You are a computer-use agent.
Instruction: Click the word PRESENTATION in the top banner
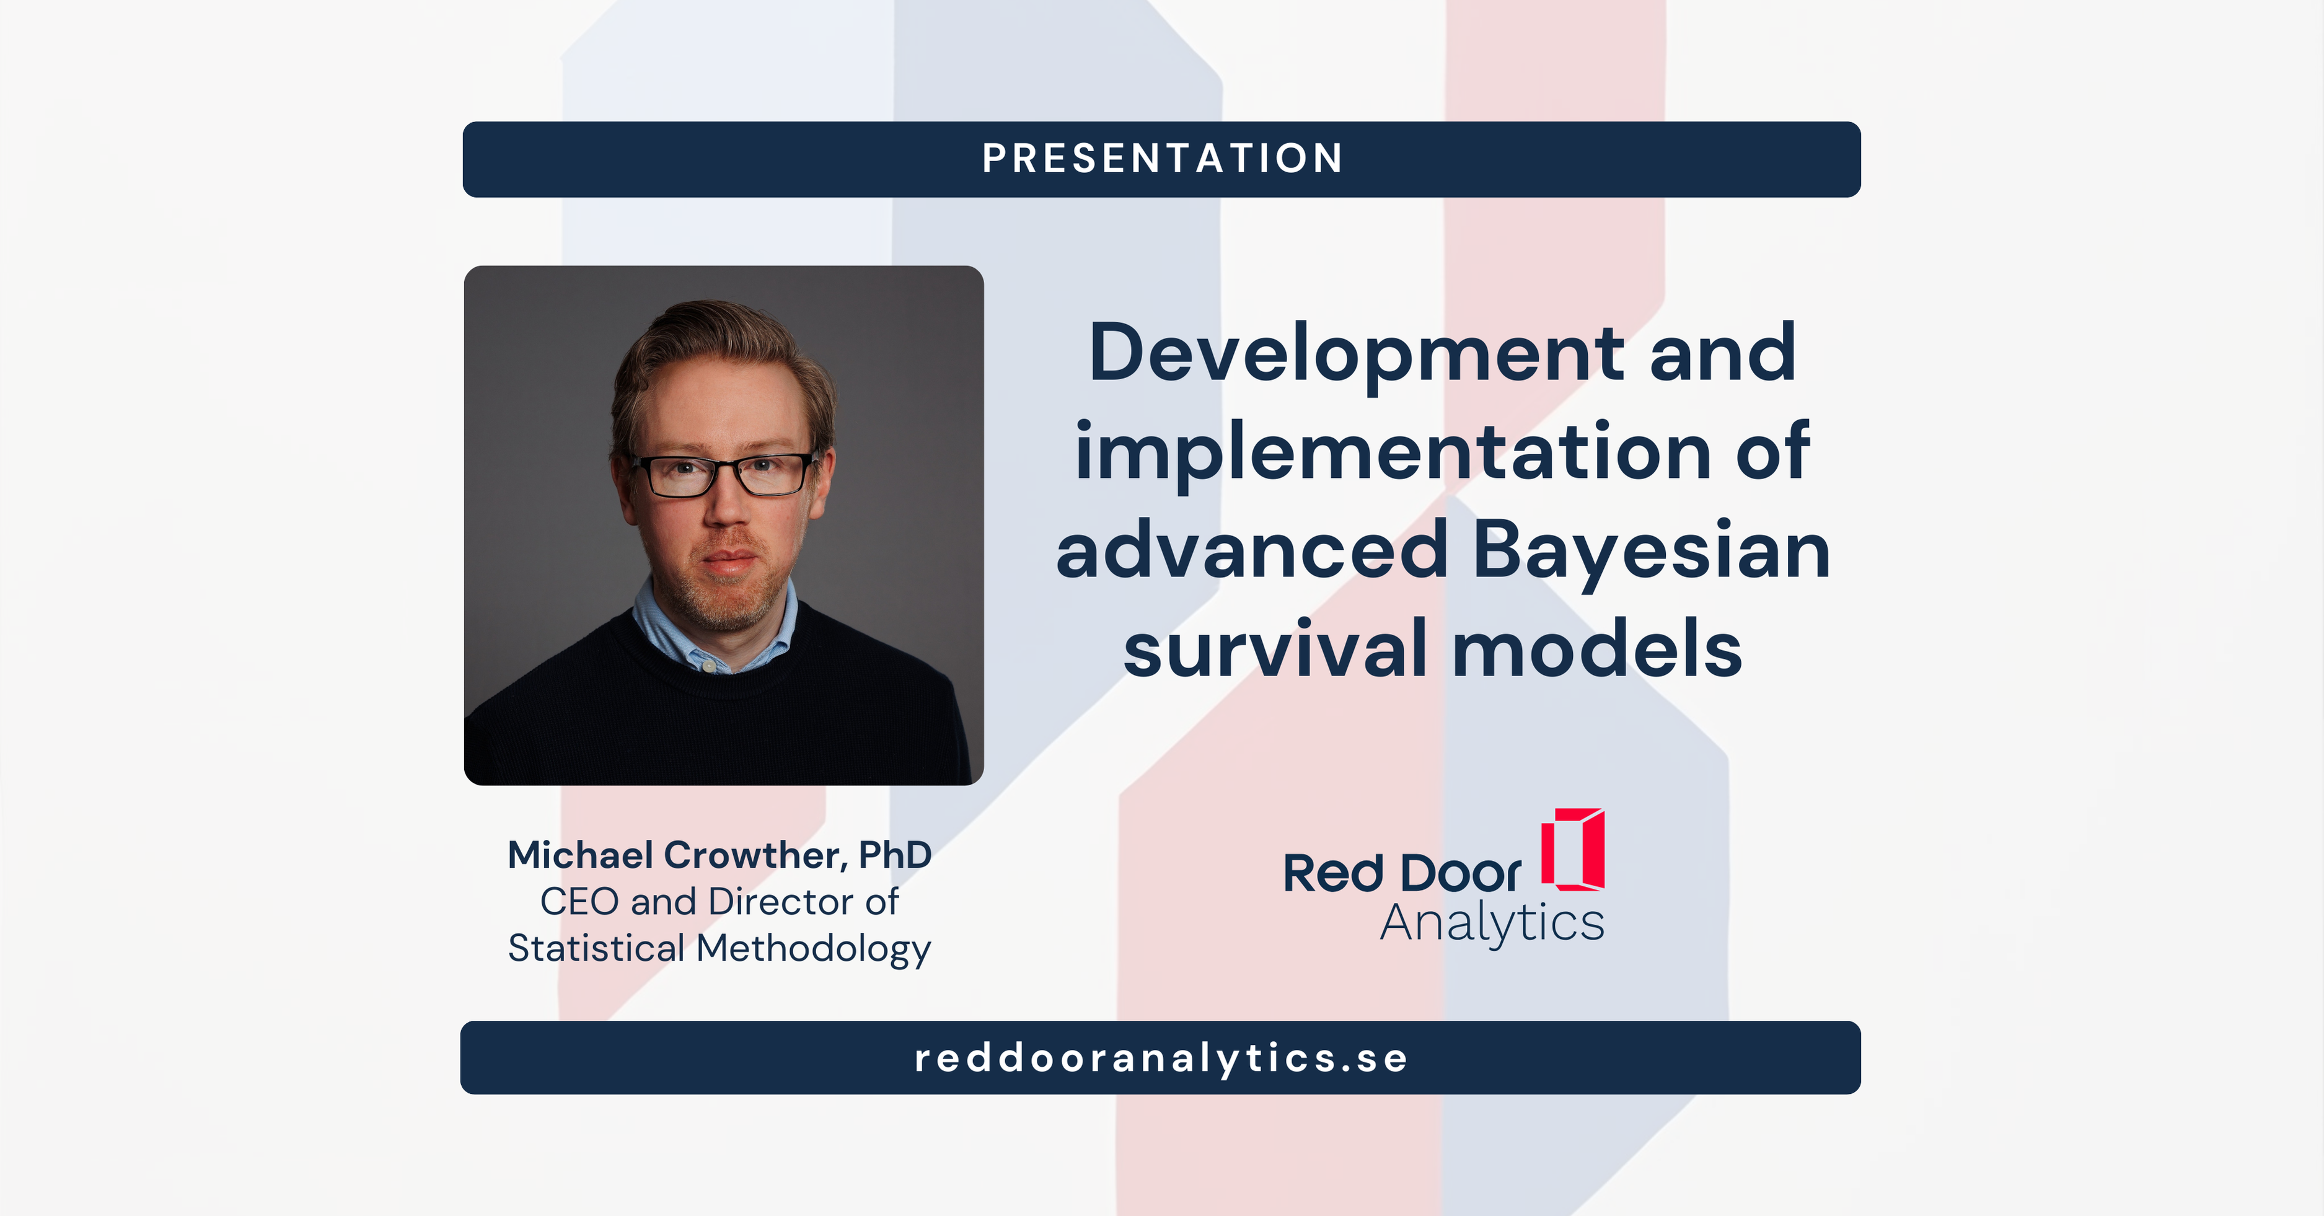(x=1162, y=159)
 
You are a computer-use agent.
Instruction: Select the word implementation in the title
(x=1393, y=454)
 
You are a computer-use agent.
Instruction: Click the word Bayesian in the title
(x=1651, y=553)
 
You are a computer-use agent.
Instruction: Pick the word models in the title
(x=1598, y=650)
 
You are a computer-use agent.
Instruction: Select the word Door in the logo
(x=1461, y=873)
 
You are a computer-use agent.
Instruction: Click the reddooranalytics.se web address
(x=1162, y=1058)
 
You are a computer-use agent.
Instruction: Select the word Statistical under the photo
(x=596, y=949)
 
